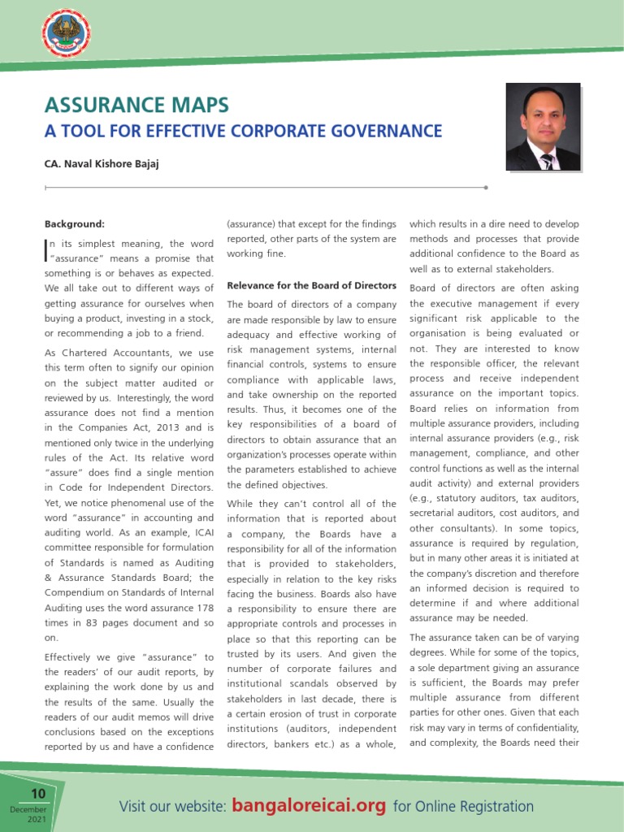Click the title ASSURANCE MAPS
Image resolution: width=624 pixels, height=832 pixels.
136,105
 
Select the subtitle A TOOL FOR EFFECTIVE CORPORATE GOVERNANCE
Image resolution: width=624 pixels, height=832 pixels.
243,132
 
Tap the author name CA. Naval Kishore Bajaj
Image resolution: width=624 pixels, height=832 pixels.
101,163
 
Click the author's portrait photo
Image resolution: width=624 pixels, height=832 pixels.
543,127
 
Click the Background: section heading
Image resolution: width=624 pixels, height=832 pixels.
74,223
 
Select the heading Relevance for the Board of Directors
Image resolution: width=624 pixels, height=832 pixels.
311,285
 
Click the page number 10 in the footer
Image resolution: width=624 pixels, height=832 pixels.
38,795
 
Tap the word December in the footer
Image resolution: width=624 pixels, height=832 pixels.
29,810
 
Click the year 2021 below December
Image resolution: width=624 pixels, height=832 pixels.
37,821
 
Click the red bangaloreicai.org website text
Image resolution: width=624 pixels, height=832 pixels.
309,806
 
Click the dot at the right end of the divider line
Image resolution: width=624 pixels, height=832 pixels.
486,187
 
